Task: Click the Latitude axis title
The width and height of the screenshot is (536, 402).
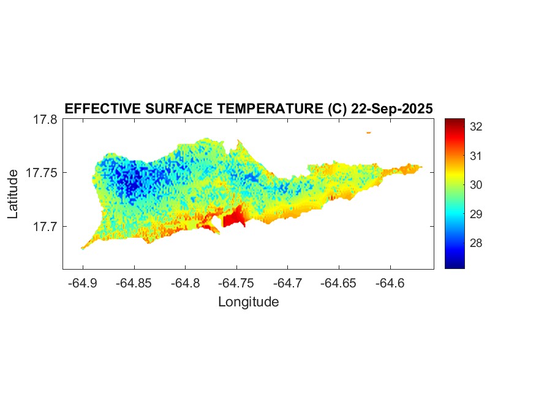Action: tap(13, 194)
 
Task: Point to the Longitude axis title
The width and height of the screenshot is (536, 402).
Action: tap(248, 302)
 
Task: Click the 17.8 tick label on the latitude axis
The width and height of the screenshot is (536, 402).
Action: tap(45, 120)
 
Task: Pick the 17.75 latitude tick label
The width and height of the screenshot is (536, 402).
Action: tap(42, 173)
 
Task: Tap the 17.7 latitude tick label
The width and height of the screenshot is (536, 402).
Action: tap(45, 227)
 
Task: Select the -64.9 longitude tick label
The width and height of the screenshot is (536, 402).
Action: tap(83, 283)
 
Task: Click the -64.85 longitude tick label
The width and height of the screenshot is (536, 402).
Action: tap(134, 283)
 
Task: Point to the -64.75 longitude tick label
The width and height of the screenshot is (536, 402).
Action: tap(237, 283)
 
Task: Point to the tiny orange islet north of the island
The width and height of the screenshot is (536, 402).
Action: tap(369, 132)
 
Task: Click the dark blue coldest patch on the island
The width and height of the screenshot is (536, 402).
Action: tap(130, 181)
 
